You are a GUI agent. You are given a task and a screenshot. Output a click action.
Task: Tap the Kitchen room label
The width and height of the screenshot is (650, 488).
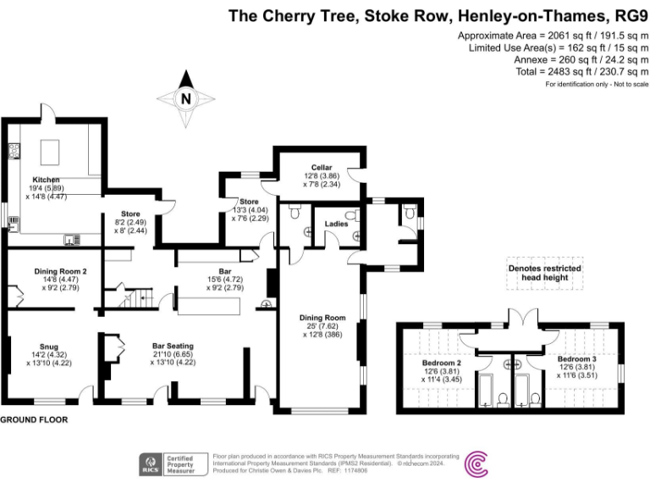point(46,180)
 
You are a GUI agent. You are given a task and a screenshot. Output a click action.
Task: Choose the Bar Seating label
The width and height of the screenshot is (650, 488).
point(173,346)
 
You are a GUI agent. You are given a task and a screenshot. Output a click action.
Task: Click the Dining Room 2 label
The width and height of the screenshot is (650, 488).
point(60,270)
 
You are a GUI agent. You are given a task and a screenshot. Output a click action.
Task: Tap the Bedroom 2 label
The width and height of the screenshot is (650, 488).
point(441,362)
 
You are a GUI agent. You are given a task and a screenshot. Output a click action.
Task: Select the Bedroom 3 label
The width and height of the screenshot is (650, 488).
point(576,358)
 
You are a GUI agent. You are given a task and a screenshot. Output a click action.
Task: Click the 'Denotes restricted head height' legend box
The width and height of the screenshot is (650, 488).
point(544,273)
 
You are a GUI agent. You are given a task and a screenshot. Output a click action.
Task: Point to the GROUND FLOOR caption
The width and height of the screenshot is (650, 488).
point(34,419)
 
